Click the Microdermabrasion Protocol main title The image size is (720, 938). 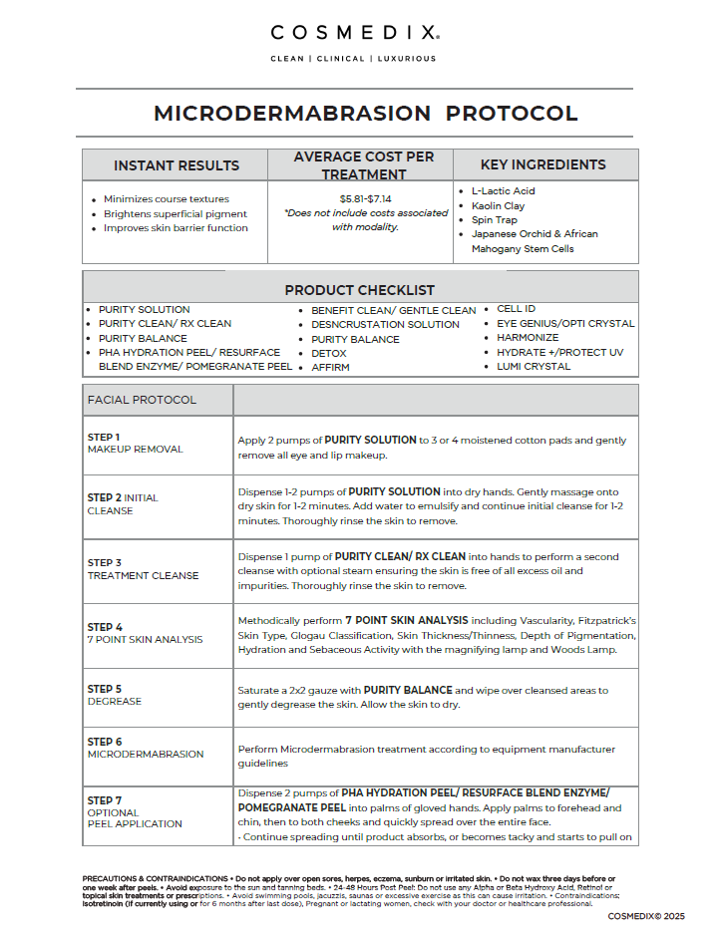365,114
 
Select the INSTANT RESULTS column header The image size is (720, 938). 177,165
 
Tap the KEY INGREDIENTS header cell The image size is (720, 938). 542,164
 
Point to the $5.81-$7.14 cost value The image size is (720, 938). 365,198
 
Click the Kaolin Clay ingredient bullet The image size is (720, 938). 499,205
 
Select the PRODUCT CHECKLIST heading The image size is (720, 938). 359,290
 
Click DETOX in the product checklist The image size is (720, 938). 329,353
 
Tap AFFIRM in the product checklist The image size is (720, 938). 331,367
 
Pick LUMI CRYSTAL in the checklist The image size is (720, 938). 534,366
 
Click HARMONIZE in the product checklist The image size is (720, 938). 528,338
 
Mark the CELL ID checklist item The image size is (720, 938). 517,309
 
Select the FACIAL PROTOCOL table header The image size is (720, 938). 142,400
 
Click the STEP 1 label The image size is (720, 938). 104,437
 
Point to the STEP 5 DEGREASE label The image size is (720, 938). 114,695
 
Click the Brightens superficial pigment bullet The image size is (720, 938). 176,213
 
